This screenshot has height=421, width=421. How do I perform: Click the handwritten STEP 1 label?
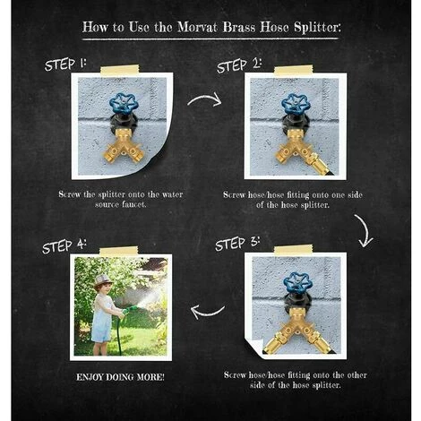[x=65, y=64]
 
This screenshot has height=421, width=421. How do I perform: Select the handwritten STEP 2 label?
[x=239, y=66]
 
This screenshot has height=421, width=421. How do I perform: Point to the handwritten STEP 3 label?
[x=237, y=244]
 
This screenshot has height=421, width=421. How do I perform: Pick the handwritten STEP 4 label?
[x=64, y=246]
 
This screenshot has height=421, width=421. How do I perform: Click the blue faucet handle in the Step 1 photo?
[x=124, y=104]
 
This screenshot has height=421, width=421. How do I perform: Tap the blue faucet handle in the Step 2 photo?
[x=296, y=104]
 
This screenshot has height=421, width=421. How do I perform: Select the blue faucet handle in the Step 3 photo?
[x=297, y=282]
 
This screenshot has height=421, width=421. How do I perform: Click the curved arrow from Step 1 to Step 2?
[x=205, y=98]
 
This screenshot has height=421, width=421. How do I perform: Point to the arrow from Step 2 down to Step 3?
[x=363, y=230]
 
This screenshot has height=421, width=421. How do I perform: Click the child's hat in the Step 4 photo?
[x=103, y=281]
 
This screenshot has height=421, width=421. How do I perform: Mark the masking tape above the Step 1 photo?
[x=120, y=70]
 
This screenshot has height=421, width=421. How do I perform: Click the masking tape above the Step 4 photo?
[x=119, y=251]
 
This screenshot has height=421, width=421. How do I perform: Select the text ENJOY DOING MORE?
[x=120, y=377]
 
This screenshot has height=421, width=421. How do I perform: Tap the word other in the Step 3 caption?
[x=356, y=375]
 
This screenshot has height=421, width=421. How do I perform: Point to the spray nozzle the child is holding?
[x=130, y=309]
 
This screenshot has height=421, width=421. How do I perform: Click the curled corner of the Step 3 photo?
[x=253, y=346]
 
